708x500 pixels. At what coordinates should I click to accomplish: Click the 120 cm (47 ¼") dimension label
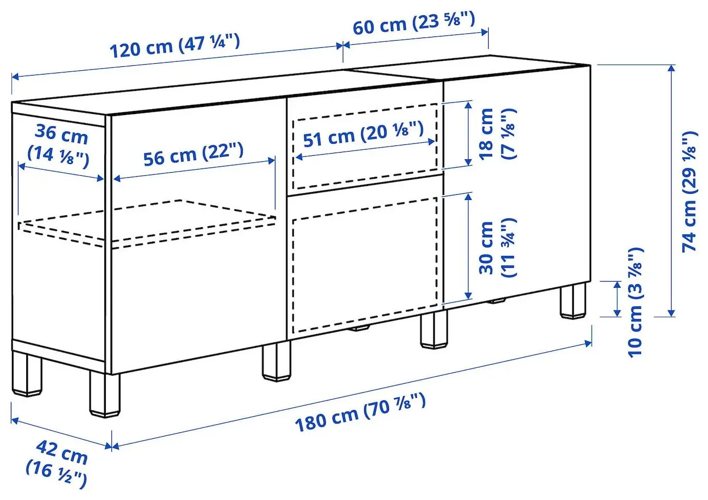click(175, 46)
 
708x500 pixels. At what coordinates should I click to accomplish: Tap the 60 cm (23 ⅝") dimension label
click(414, 24)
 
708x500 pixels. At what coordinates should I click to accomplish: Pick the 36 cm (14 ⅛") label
click(60, 144)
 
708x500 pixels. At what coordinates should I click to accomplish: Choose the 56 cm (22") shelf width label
click(193, 155)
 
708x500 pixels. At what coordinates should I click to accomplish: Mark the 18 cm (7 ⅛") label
click(496, 134)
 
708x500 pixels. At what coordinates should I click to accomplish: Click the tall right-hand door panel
click(516, 185)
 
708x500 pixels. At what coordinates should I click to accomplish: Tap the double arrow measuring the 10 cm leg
click(617, 299)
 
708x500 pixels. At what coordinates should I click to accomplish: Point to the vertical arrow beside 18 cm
click(468, 133)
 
